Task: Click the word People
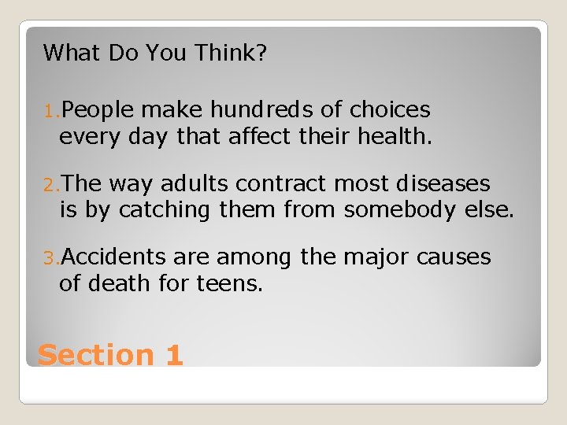pos(98,109)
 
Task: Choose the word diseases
pos(443,184)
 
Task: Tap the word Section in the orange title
pos(96,355)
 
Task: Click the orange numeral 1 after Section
pos(175,355)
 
